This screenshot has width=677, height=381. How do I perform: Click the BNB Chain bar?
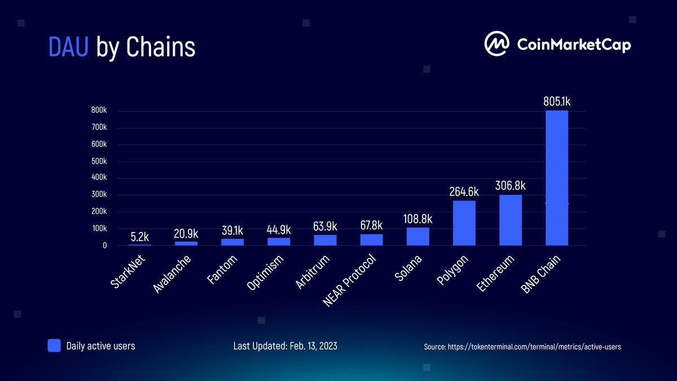point(556,178)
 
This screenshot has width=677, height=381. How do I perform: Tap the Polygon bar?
point(464,223)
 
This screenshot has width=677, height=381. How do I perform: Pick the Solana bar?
point(417,237)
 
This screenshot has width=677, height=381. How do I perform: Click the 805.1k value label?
point(556,102)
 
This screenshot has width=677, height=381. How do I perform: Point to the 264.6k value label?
point(464,192)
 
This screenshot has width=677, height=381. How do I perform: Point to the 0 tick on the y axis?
point(104,246)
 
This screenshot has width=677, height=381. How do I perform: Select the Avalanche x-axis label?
point(172,274)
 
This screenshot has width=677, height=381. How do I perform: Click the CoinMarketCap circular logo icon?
point(497,43)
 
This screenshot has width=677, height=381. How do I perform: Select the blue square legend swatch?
point(54,345)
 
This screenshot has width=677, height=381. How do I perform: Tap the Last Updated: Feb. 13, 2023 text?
point(285,345)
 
